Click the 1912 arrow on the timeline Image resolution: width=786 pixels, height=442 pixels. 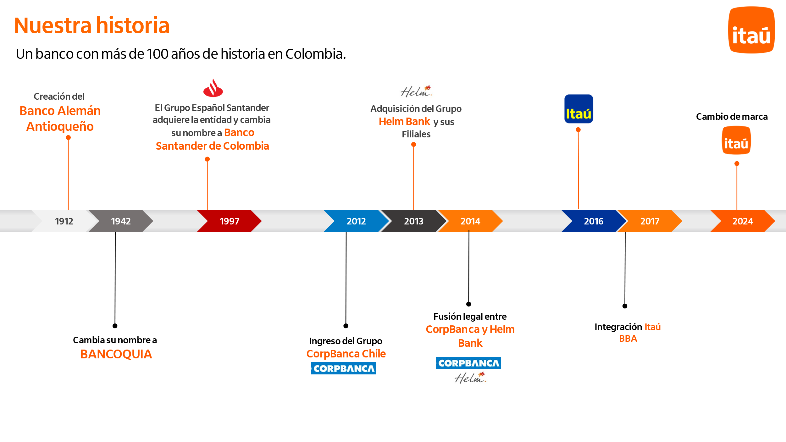click(x=64, y=221)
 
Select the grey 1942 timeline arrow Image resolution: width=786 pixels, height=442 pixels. click(x=121, y=221)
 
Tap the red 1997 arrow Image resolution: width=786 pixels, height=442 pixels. click(x=230, y=221)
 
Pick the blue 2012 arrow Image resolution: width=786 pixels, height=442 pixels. click(x=356, y=221)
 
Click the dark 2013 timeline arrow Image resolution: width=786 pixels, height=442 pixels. click(x=413, y=221)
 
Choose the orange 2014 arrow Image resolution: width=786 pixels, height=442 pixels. click(x=470, y=221)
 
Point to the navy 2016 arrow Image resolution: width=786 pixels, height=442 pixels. click(x=593, y=221)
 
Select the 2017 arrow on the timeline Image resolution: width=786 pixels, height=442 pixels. click(x=650, y=221)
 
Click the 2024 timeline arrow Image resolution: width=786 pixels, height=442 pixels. click(x=743, y=221)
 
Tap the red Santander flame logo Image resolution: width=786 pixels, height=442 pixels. click(x=213, y=88)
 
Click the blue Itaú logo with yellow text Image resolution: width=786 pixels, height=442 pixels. click(x=578, y=109)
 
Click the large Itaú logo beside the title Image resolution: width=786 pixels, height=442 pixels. click(x=751, y=30)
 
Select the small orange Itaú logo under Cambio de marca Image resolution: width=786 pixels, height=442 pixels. click(x=736, y=140)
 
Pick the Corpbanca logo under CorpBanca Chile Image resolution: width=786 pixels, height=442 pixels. click(x=344, y=368)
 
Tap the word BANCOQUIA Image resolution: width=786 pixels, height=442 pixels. click(x=116, y=354)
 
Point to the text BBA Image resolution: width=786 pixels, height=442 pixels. click(x=628, y=339)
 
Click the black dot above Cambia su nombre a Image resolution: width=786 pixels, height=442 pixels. click(x=115, y=326)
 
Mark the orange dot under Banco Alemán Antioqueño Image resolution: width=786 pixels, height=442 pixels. click(x=68, y=137)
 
